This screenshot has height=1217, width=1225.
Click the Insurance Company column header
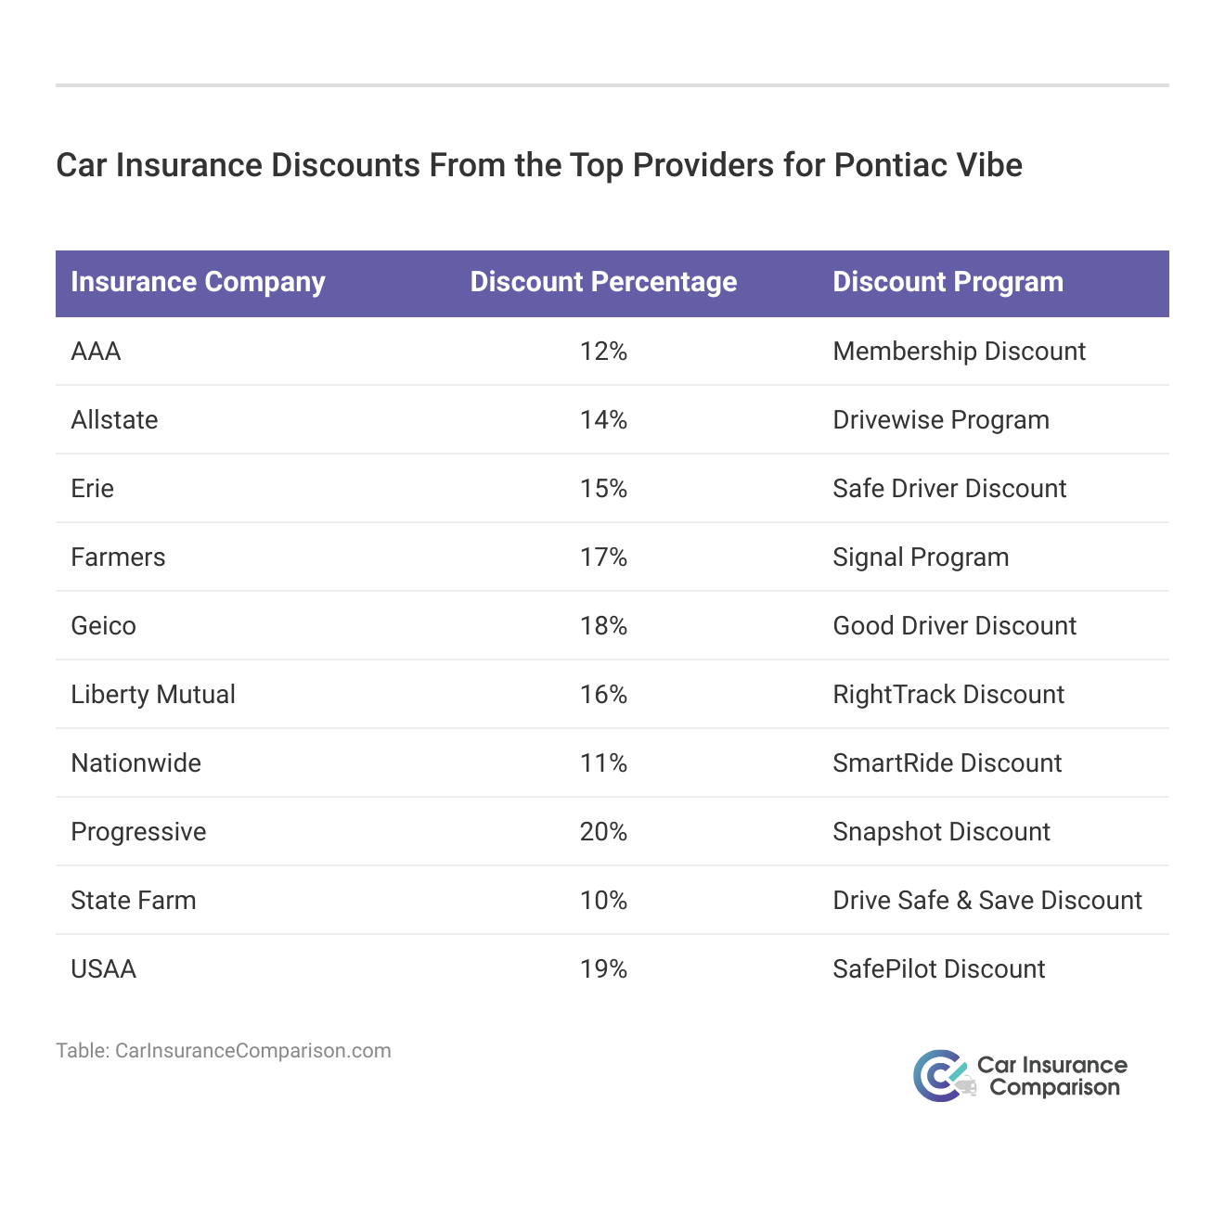[198, 282]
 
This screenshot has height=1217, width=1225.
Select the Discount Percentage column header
[603, 282]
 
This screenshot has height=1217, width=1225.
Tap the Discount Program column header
[948, 282]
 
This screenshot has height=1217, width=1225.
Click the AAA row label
[96, 352]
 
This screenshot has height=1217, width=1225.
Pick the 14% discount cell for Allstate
[603, 420]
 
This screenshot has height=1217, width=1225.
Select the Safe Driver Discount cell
[949, 489]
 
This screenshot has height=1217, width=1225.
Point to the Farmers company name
[118, 557]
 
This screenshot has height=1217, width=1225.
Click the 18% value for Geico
[603, 626]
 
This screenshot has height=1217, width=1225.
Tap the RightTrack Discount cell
[948, 695]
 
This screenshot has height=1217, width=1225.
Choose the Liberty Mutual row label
[153, 695]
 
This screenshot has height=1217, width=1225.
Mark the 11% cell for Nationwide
[603, 763]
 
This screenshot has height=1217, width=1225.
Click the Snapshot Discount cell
[941, 832]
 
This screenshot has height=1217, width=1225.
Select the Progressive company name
[138, 832]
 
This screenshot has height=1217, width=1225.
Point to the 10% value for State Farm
[603, 901]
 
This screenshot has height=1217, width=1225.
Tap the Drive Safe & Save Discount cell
[987, 901]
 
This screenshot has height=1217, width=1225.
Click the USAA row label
[103, 969]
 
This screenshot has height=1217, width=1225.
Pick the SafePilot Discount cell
[938, 969]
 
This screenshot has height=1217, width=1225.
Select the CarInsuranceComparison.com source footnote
[224, 1051]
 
